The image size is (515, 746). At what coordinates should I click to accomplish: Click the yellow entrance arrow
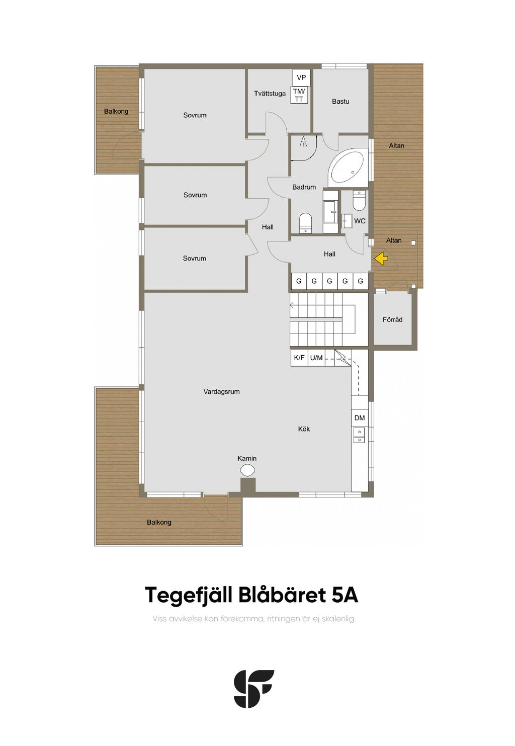(381, 259)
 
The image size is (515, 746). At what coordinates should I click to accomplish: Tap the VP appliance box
(301, 77)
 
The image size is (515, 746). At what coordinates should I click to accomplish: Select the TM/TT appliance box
(299, 95)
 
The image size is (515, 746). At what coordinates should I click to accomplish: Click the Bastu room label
(340, 101)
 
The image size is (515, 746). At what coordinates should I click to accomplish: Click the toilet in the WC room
(359, 201)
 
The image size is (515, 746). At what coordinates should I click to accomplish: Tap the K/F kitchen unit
(299, 358)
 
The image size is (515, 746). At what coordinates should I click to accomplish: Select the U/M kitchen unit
(316, 358)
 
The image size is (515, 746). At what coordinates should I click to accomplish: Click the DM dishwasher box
(360, 418)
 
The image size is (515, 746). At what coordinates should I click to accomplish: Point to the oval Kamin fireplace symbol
(247, 470)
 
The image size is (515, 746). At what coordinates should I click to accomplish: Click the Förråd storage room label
(392, 320)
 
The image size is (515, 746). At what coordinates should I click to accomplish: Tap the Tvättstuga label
(270, 94)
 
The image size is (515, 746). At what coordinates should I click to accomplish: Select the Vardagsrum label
(221, 392)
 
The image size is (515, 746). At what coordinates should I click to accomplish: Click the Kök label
(304, 429)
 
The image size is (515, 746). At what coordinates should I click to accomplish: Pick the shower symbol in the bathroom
(303, 141)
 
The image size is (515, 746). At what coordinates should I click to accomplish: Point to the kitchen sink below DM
(359, 435)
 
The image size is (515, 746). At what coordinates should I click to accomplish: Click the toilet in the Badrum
(305, 222)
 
